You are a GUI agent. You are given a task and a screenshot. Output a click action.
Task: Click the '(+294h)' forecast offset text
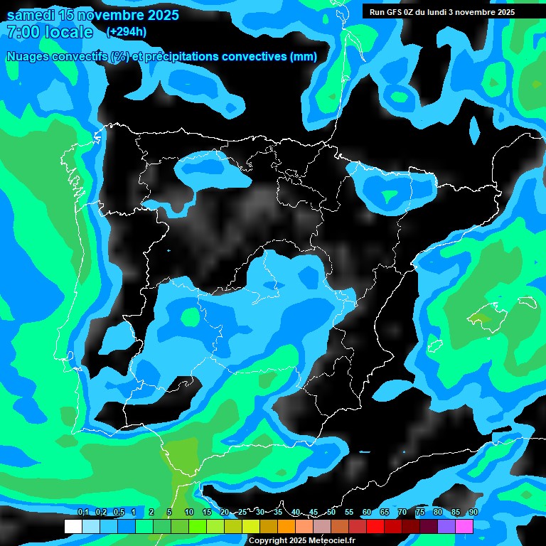(x=126, y=32)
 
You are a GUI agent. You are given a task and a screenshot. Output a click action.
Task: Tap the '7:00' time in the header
(x=23, y=32)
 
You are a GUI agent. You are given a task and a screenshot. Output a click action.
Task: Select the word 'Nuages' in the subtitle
(x=28, y=57)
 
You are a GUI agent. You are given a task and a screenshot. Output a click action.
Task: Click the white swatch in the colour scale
(x=73, y=526)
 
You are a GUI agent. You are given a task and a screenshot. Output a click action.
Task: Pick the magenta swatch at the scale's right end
(x=464, y=526)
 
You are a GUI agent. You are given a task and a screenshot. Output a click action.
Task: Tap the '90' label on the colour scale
(x=473, y=513)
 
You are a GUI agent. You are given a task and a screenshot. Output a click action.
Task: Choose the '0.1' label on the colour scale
(x=82, y=513)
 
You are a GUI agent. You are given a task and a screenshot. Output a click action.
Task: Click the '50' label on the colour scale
(x=331, y=513)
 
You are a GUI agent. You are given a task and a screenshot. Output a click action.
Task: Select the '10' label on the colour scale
(x=188, y=513)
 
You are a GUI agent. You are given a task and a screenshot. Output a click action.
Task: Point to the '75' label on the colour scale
(x=419, y=513)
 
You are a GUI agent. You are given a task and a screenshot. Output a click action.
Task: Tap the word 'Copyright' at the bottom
(x=268, y=540)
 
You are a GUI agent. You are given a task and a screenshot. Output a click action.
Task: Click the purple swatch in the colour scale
(x=446, y=526)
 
